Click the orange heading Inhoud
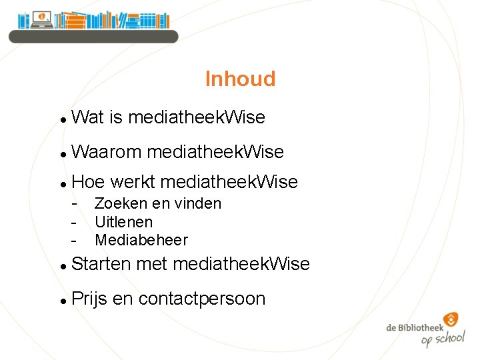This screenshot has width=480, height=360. coord(240,79)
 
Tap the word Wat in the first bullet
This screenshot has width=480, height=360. coord(87,118)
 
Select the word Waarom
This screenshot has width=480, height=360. coord(106,153)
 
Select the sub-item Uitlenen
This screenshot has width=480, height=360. coord(123,222)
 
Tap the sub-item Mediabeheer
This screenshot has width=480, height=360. coord(141,240)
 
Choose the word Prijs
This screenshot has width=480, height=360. coord(89,299)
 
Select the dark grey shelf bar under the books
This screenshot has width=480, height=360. coord(93,36)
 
